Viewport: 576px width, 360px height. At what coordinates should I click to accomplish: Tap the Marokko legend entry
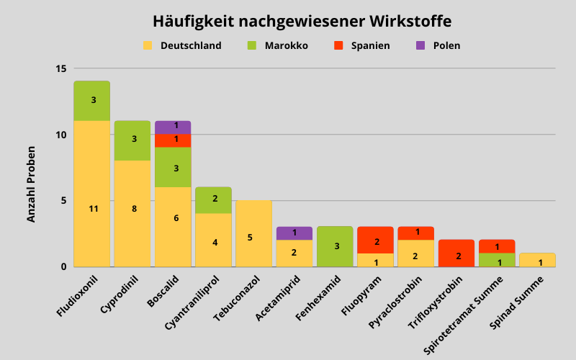click(278, 45)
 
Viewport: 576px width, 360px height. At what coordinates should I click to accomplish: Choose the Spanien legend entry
click(362, 45)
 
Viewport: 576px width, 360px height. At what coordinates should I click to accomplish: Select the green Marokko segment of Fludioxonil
click(92, 101)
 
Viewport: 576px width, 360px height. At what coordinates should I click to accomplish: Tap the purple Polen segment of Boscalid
click(173, 127)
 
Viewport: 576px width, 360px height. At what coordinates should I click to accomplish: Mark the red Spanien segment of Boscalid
click(173, 140)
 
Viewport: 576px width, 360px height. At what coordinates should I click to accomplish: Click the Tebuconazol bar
click(253, 233)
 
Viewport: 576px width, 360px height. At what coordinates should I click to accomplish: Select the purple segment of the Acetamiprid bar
click(294, 233)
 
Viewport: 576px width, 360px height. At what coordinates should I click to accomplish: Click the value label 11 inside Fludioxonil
click(92, 209)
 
